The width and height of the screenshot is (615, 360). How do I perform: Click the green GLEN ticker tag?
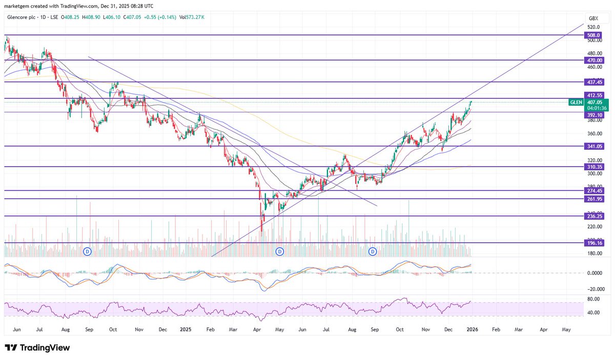[x=576, y=103]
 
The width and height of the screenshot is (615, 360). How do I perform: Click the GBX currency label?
[x=594, y=18]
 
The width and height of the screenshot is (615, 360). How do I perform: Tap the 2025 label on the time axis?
[x=186, y=331]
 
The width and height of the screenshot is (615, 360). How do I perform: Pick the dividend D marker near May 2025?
[x=280, y=251]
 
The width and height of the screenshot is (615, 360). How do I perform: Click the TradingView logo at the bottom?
[x=37, y=348]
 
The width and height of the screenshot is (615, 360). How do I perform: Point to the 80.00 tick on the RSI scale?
[x=593, y=298]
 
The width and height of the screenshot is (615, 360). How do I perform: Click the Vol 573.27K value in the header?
[x=191, y=17]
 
